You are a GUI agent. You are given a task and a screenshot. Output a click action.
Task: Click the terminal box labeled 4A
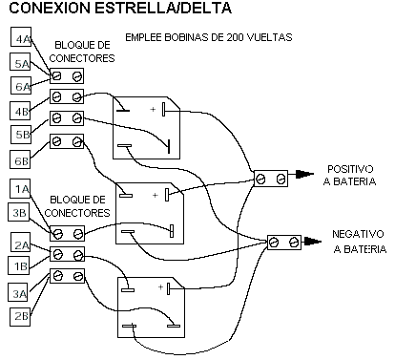[21, 37]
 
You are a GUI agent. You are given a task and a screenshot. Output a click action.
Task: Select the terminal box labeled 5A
[20, 62]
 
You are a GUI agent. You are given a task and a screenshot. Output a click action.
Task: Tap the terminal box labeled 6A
[21, 85]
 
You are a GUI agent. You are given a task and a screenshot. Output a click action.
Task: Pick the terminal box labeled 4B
[20, 111]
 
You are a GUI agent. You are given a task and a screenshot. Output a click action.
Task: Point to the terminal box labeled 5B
[21, 135]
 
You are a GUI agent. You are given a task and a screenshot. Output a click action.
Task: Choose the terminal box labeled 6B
[20, 159]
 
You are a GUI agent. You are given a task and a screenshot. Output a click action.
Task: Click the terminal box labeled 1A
[20, 188]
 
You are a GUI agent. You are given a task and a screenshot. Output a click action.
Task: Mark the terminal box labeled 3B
[18, 212]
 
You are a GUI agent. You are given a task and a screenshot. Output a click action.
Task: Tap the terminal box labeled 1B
[18, 265]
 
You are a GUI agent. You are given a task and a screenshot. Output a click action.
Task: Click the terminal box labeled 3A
[18, 292]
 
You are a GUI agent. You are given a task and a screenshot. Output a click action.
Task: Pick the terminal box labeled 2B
[20, 317]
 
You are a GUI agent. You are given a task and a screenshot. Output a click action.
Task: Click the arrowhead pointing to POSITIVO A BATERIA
[304, 174]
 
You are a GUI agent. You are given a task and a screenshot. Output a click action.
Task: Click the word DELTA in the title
[207, 8]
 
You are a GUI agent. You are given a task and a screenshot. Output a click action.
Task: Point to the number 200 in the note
[236, 37]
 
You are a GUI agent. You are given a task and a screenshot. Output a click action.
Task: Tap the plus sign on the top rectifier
[153, 110]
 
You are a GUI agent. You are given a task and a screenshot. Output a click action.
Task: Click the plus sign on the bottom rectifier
[160, 287]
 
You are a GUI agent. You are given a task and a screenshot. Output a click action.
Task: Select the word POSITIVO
[350, 169]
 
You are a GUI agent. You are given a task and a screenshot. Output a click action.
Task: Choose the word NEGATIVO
[358, 234]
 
